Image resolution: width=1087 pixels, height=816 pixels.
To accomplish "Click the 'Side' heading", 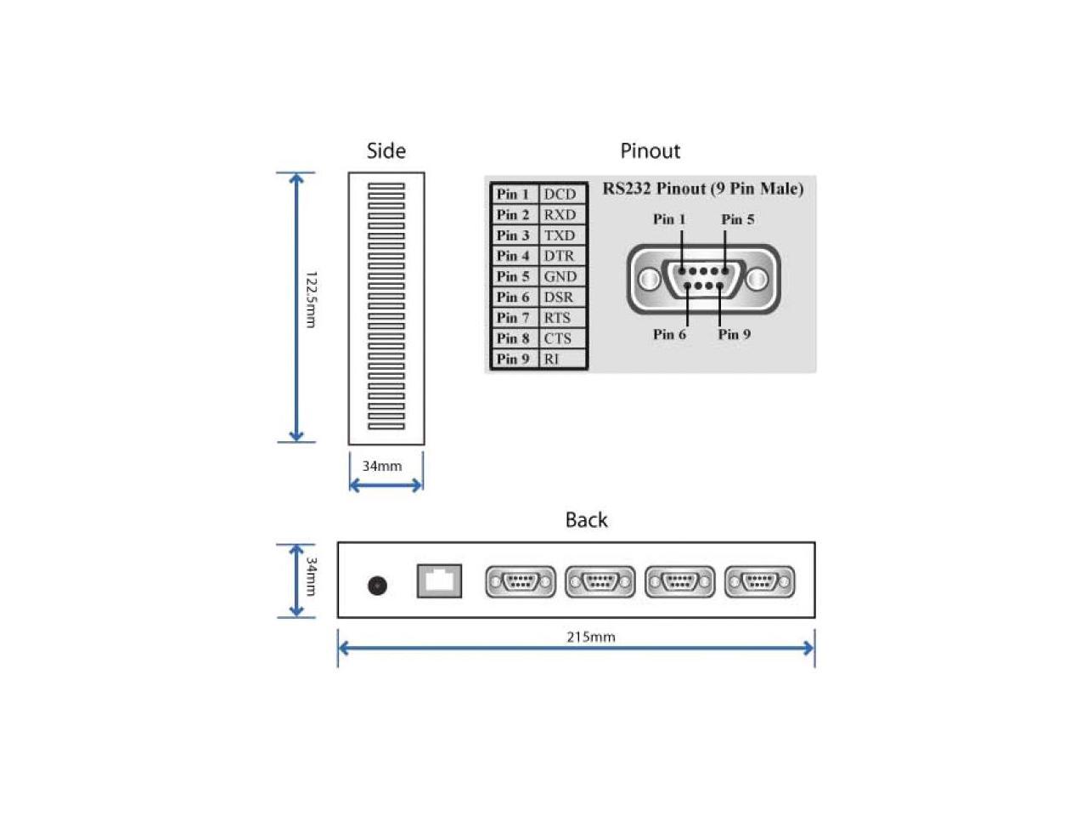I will pos(386,151).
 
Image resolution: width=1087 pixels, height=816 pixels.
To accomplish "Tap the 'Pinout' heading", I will pos(650,151).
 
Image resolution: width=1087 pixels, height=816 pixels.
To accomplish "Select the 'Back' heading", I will pos(586,520).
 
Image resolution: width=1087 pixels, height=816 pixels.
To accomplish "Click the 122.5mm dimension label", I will pos(311,299).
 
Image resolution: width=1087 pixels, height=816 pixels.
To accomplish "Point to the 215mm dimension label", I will pos(590,637).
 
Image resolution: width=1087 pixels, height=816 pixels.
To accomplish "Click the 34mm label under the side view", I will pos(382,466).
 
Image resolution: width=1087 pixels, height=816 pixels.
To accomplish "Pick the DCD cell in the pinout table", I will pos(560,195).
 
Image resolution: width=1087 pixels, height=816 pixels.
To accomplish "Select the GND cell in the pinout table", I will pos(560,276).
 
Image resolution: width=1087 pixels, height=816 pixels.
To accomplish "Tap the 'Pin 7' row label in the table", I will pos(513,318).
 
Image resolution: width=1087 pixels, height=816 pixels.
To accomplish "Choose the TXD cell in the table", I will pos(560,235).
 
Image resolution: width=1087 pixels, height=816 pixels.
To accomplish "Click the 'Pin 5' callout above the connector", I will pos(737,219).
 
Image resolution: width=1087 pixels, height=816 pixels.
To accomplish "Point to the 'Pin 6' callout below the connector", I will pos(669,334).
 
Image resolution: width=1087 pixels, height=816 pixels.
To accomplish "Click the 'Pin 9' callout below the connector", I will pos(734,334).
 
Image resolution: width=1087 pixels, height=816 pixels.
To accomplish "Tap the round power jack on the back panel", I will pos(377,585).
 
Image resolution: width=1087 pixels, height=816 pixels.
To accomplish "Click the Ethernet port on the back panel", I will pos(439,581).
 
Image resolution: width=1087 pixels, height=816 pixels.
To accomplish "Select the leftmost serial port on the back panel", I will pos(521,582).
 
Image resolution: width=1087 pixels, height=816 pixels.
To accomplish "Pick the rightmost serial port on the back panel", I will pos(759,582).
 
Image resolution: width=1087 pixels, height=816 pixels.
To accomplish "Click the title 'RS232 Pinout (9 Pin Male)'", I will pos(703,189).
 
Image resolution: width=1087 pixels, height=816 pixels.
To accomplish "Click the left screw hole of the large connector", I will pos(650,279).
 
